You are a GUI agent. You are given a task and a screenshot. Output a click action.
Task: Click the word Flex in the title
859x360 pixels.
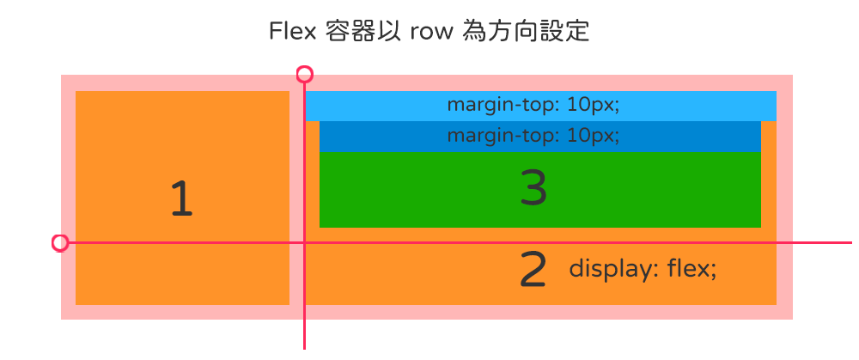pyautogui.click(x=292, y=32)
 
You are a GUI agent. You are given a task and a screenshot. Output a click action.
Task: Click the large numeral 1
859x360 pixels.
pyautogui.click(x=181, y=199)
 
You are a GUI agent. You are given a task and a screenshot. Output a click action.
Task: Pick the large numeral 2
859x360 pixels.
pyautogui.click(x=533, y=270)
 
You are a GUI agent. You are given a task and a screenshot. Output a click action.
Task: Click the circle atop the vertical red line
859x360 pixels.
pyautogui.click(x=304, y=74)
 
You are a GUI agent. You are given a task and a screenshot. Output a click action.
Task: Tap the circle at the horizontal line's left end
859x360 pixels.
pyautogui.click(x=60, y=243)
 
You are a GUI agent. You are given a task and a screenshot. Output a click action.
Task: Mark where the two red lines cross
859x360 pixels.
pyautogui.click(x=304, y=243)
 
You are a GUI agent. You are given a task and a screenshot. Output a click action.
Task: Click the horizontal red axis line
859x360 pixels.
pyautogui.click(x=816, y=243)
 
